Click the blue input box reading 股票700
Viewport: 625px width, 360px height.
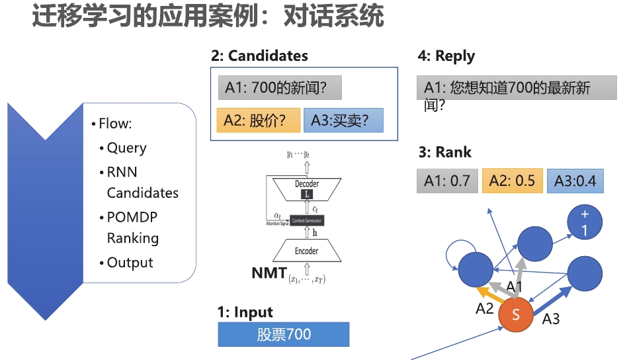pyautogui.click(x=283, y=335)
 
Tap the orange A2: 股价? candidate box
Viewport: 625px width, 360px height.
pyautogui.click(x=258, y=120)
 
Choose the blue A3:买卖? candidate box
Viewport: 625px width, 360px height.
pyautogui.click(x=343, y=120)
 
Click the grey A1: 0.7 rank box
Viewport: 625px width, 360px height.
pyautogui.click(x=447, y=181)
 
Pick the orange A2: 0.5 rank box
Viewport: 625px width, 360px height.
pyautogui.click(x=513, y=181)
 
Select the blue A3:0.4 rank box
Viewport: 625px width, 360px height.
pyautogui.click(x=575, y=181)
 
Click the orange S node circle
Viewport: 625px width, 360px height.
pyautogui.click(x=517, y=316)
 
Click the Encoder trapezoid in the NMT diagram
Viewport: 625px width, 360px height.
pyautogui.click(x=306, y=251)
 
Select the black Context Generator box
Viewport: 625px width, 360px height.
pyautogui.click(x=307, y=219)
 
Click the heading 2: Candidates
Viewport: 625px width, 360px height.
pyautogui.click(x=259, y=56)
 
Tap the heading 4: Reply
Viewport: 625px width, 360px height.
pyautogui.click(x=446, y=56)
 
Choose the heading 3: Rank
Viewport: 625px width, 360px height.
pyautogui.click(x=445, y=152)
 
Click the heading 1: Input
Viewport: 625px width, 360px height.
pyautogui.click(x=245, y=312)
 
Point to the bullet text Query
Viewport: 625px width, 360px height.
pyautogui.click(x=126, y=148)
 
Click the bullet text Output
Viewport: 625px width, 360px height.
pyautogui.click(x=130, y=262)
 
